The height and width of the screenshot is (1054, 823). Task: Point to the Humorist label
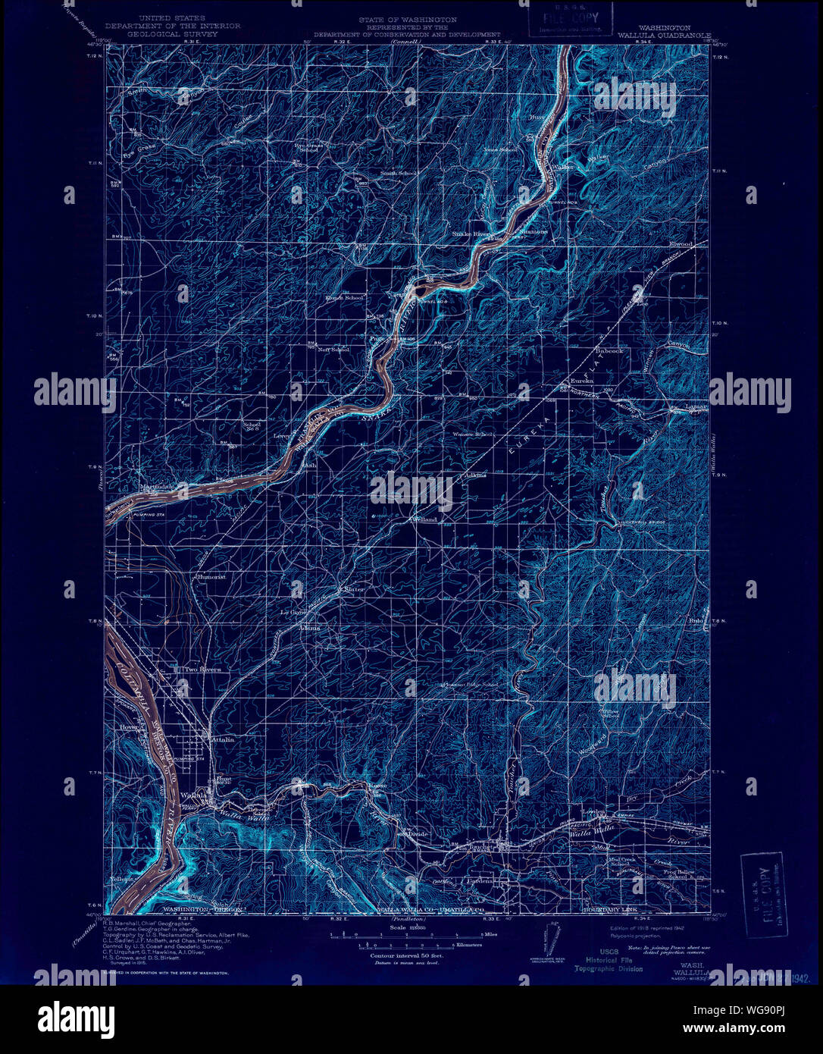(x=211, y=577)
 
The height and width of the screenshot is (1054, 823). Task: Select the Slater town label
(x=354, y=589)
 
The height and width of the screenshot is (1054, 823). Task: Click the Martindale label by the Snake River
(x=157, y=486)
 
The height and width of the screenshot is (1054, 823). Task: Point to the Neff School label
(x=333, y=350)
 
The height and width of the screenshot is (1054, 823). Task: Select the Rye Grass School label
(x=308, y=146)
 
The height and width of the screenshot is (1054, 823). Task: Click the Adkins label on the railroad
(x=475, y=475)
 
